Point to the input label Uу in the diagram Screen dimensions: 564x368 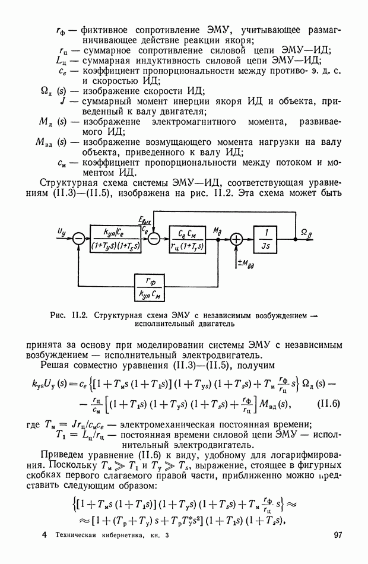tap(62, 230)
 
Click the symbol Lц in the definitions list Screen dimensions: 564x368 tap(63, 60)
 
